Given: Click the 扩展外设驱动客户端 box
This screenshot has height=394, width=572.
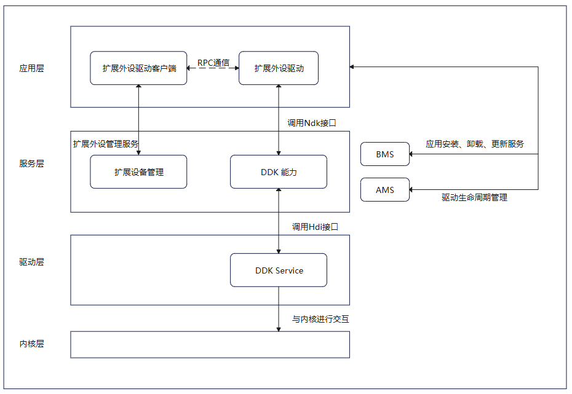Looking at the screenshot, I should pos(138,68).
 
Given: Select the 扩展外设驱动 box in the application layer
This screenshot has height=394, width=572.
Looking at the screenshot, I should pos(279,68).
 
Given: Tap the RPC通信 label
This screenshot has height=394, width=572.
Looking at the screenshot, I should pos(213,63).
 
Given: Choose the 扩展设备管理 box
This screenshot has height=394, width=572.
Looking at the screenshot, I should pos(138,172).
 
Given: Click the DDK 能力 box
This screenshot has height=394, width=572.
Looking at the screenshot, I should pos(279,172).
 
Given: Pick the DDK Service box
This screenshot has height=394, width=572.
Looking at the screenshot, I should pos(279,270).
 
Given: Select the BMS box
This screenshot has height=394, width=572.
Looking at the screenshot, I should pos(385,154).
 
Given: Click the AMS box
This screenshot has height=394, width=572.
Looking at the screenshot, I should pos(385,190).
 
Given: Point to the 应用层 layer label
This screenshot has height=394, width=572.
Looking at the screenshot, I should pos(32,68).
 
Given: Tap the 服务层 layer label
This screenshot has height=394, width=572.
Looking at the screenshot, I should pos(32,164).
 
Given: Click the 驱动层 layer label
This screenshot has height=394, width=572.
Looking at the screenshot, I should pos(32,262).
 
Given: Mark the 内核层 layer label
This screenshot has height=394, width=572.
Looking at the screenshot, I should pos(32,344).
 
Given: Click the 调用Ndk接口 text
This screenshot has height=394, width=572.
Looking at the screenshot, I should pos(312,123).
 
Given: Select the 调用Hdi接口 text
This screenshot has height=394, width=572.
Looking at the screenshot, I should pos(315,227).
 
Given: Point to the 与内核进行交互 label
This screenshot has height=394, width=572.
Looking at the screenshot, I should pos(320,320).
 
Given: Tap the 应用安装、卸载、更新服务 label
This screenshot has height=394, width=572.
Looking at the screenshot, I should pos(475,144).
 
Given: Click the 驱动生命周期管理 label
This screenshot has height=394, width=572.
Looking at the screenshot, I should pos(474,198).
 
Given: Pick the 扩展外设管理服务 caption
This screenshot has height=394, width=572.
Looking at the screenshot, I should pos(105,144).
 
